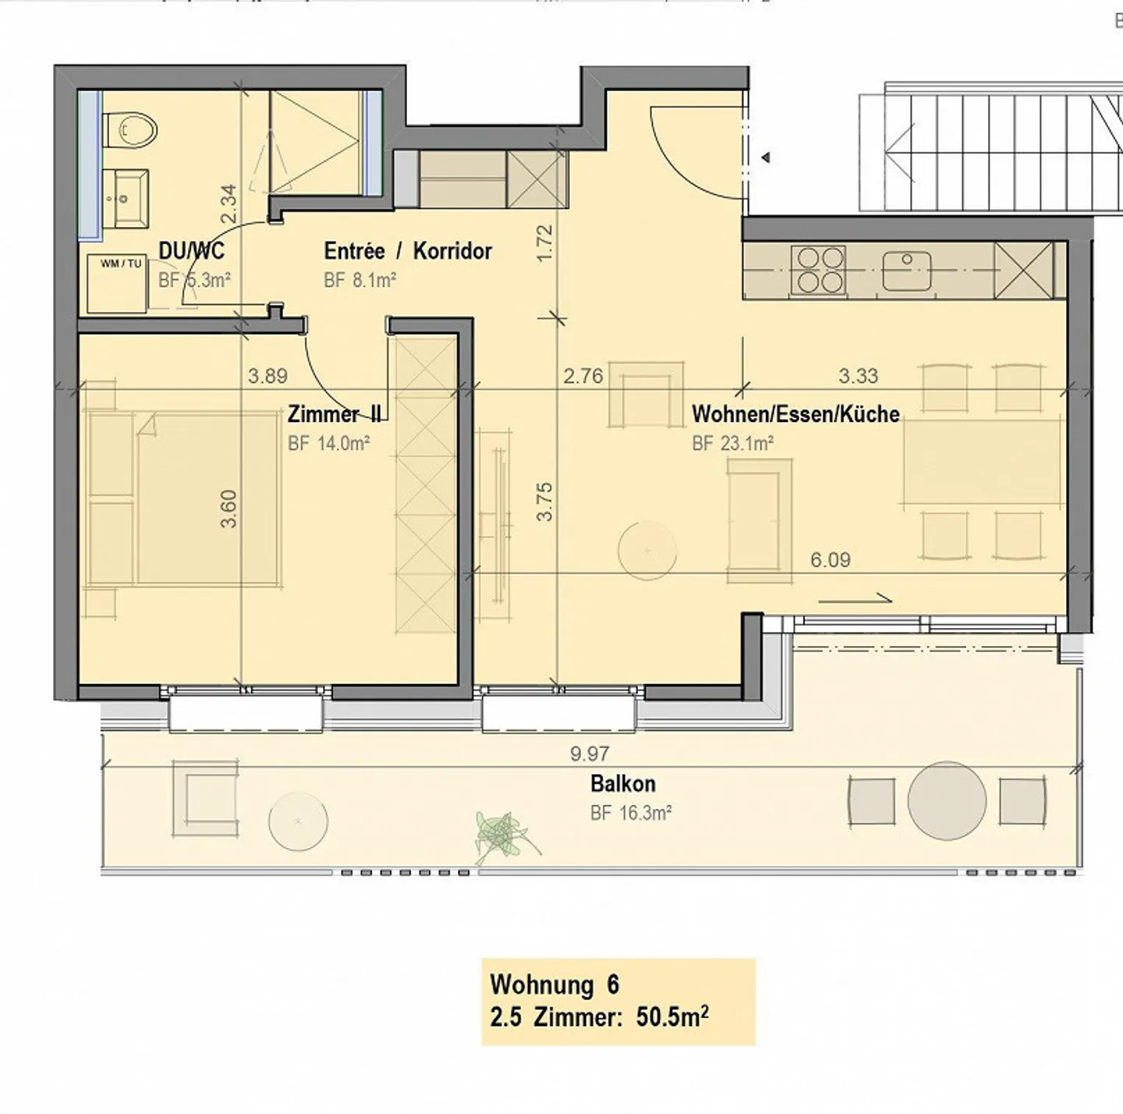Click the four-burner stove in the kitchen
(x=818, y=270)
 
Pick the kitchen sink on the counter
(x=907, y=270)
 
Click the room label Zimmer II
(x=333, y=413)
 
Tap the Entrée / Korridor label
(x=408, y=251)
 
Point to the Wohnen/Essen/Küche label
(x=795, y=413)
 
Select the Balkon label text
(x=622, y=783)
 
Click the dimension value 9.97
(x=590, y=754)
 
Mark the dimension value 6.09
(x=830, y=559)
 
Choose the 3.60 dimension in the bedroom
(x=228, y=509)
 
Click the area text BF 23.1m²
(x=732, y=443)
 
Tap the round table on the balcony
(x=947, y=800)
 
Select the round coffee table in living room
(x=647, y=550)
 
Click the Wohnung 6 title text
(x=554, y=985)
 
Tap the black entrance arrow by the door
(x=767, y=158)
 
